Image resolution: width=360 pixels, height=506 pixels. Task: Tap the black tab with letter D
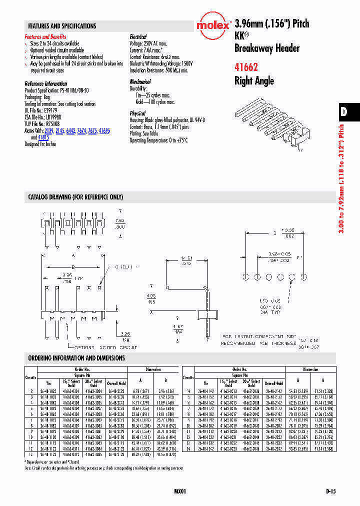(x=344, y=112)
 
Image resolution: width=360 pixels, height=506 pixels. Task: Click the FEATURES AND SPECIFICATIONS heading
(x=62, y=26)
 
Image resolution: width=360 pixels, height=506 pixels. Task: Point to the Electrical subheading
(x=138, y=37)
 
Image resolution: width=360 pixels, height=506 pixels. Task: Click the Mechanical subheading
(x=140, y=81)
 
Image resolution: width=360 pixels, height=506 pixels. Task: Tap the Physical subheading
(x=137, y=113)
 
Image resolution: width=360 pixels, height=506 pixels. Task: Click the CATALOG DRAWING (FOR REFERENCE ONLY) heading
(x=75, y=197)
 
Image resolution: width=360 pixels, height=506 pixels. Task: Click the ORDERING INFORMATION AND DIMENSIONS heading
(x=76, y=358)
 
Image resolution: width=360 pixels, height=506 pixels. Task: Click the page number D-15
(x=330, y=491)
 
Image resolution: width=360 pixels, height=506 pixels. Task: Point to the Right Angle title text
(x=254, y=81)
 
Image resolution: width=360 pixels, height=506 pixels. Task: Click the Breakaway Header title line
(x=266, y=48)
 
